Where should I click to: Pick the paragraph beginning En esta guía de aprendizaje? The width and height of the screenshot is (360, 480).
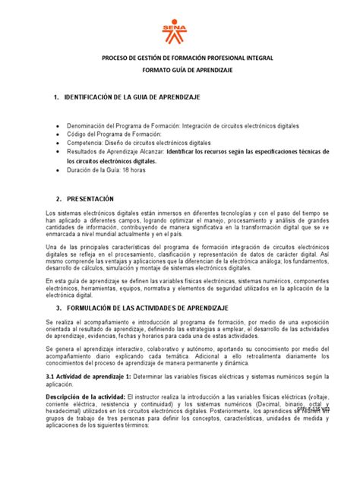(x=180, y=289)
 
